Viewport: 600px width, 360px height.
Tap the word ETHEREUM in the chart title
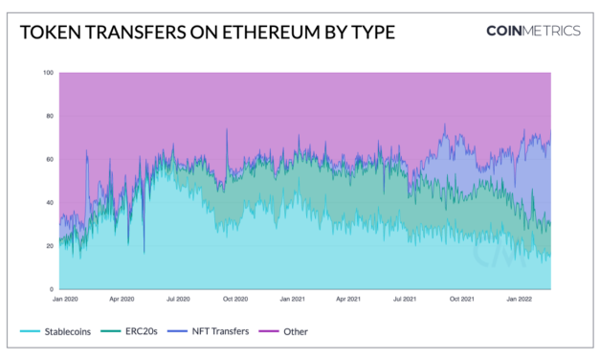264,33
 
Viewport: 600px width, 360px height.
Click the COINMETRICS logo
532,31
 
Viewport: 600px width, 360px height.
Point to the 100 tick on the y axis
48,73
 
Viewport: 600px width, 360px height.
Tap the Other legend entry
295,331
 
